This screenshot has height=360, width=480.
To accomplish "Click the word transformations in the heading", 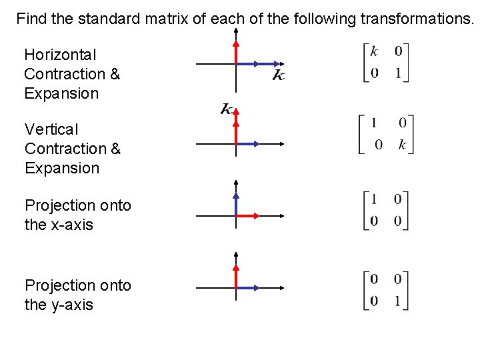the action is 416,19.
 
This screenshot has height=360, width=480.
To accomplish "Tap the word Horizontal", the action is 60,55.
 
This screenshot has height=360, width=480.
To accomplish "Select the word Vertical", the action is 51,129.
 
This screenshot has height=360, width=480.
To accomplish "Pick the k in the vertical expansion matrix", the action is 402,145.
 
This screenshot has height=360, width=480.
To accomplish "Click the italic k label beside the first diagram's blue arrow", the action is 279,75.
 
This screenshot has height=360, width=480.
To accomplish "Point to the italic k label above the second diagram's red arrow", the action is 227,109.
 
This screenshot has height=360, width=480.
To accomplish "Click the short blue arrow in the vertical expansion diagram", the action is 244,144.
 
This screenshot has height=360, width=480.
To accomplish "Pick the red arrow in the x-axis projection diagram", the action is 247,216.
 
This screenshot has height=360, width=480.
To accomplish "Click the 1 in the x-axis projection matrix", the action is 375,199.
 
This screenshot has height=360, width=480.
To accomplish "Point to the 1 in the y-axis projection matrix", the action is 398,301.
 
